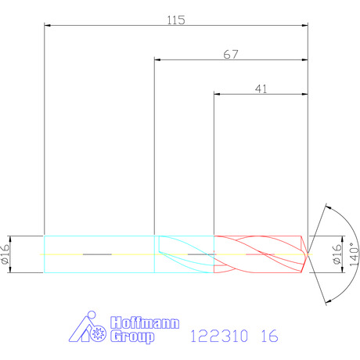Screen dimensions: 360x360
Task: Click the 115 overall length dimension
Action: click(x=176, y=20)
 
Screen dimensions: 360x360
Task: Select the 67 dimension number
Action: click(x=231, y=55)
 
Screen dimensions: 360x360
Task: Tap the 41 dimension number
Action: click(x=261, y=89)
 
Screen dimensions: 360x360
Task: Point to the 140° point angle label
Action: click(x=354, y=254)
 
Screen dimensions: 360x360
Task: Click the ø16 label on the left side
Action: click(x=5, y=254)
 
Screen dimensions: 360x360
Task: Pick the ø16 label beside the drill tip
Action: click(x=337, y=254)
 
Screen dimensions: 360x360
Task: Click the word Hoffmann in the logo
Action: click(x=145, y=323)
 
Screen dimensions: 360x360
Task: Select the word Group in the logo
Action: click(x=132, y=337)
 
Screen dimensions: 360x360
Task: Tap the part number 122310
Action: click(x=219, y=336)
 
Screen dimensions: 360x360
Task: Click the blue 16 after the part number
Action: click(x=270, y=336)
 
